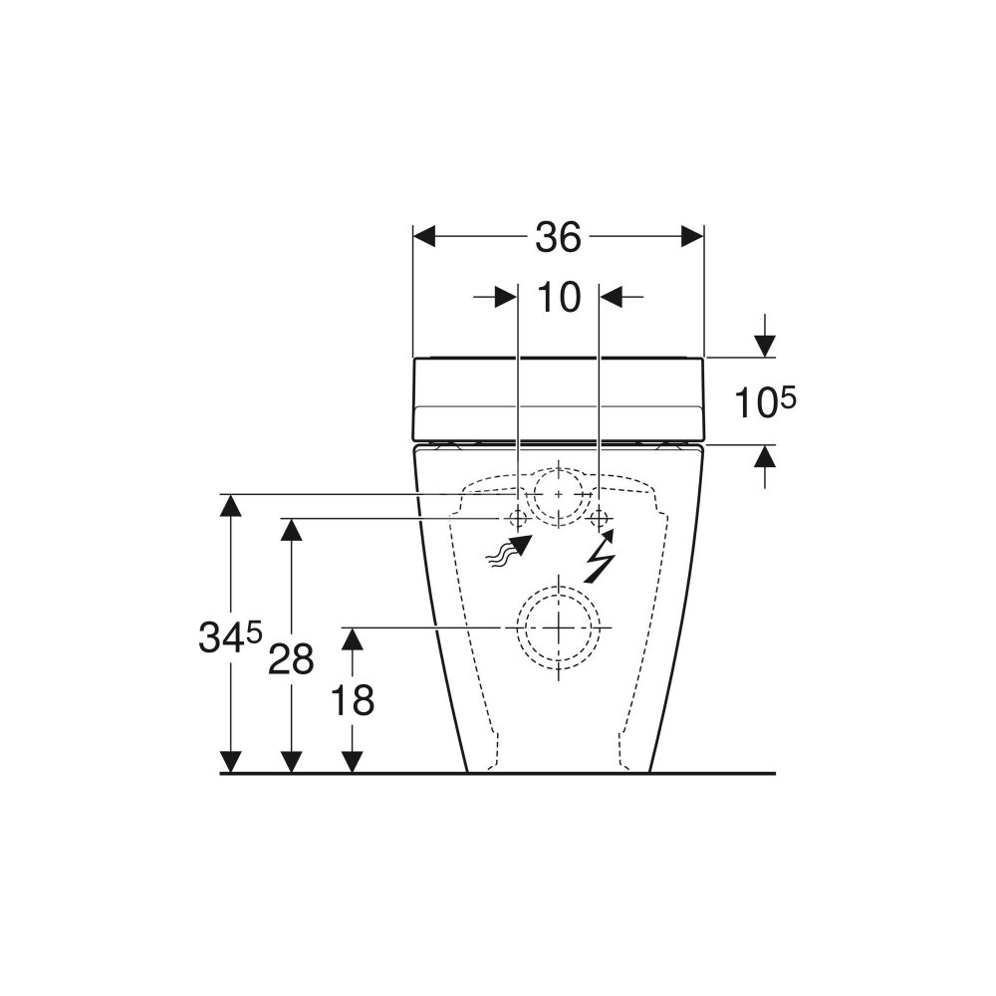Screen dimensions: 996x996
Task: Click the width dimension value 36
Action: click(558, 237)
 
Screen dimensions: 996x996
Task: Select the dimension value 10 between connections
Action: click(559, 297)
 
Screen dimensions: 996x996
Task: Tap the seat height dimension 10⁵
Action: click(765, 402)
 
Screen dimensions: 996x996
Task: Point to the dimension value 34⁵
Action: click(230, 636)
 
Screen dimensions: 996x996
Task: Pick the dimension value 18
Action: click(353, 700)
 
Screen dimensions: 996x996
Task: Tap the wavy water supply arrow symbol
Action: click(508, 550)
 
